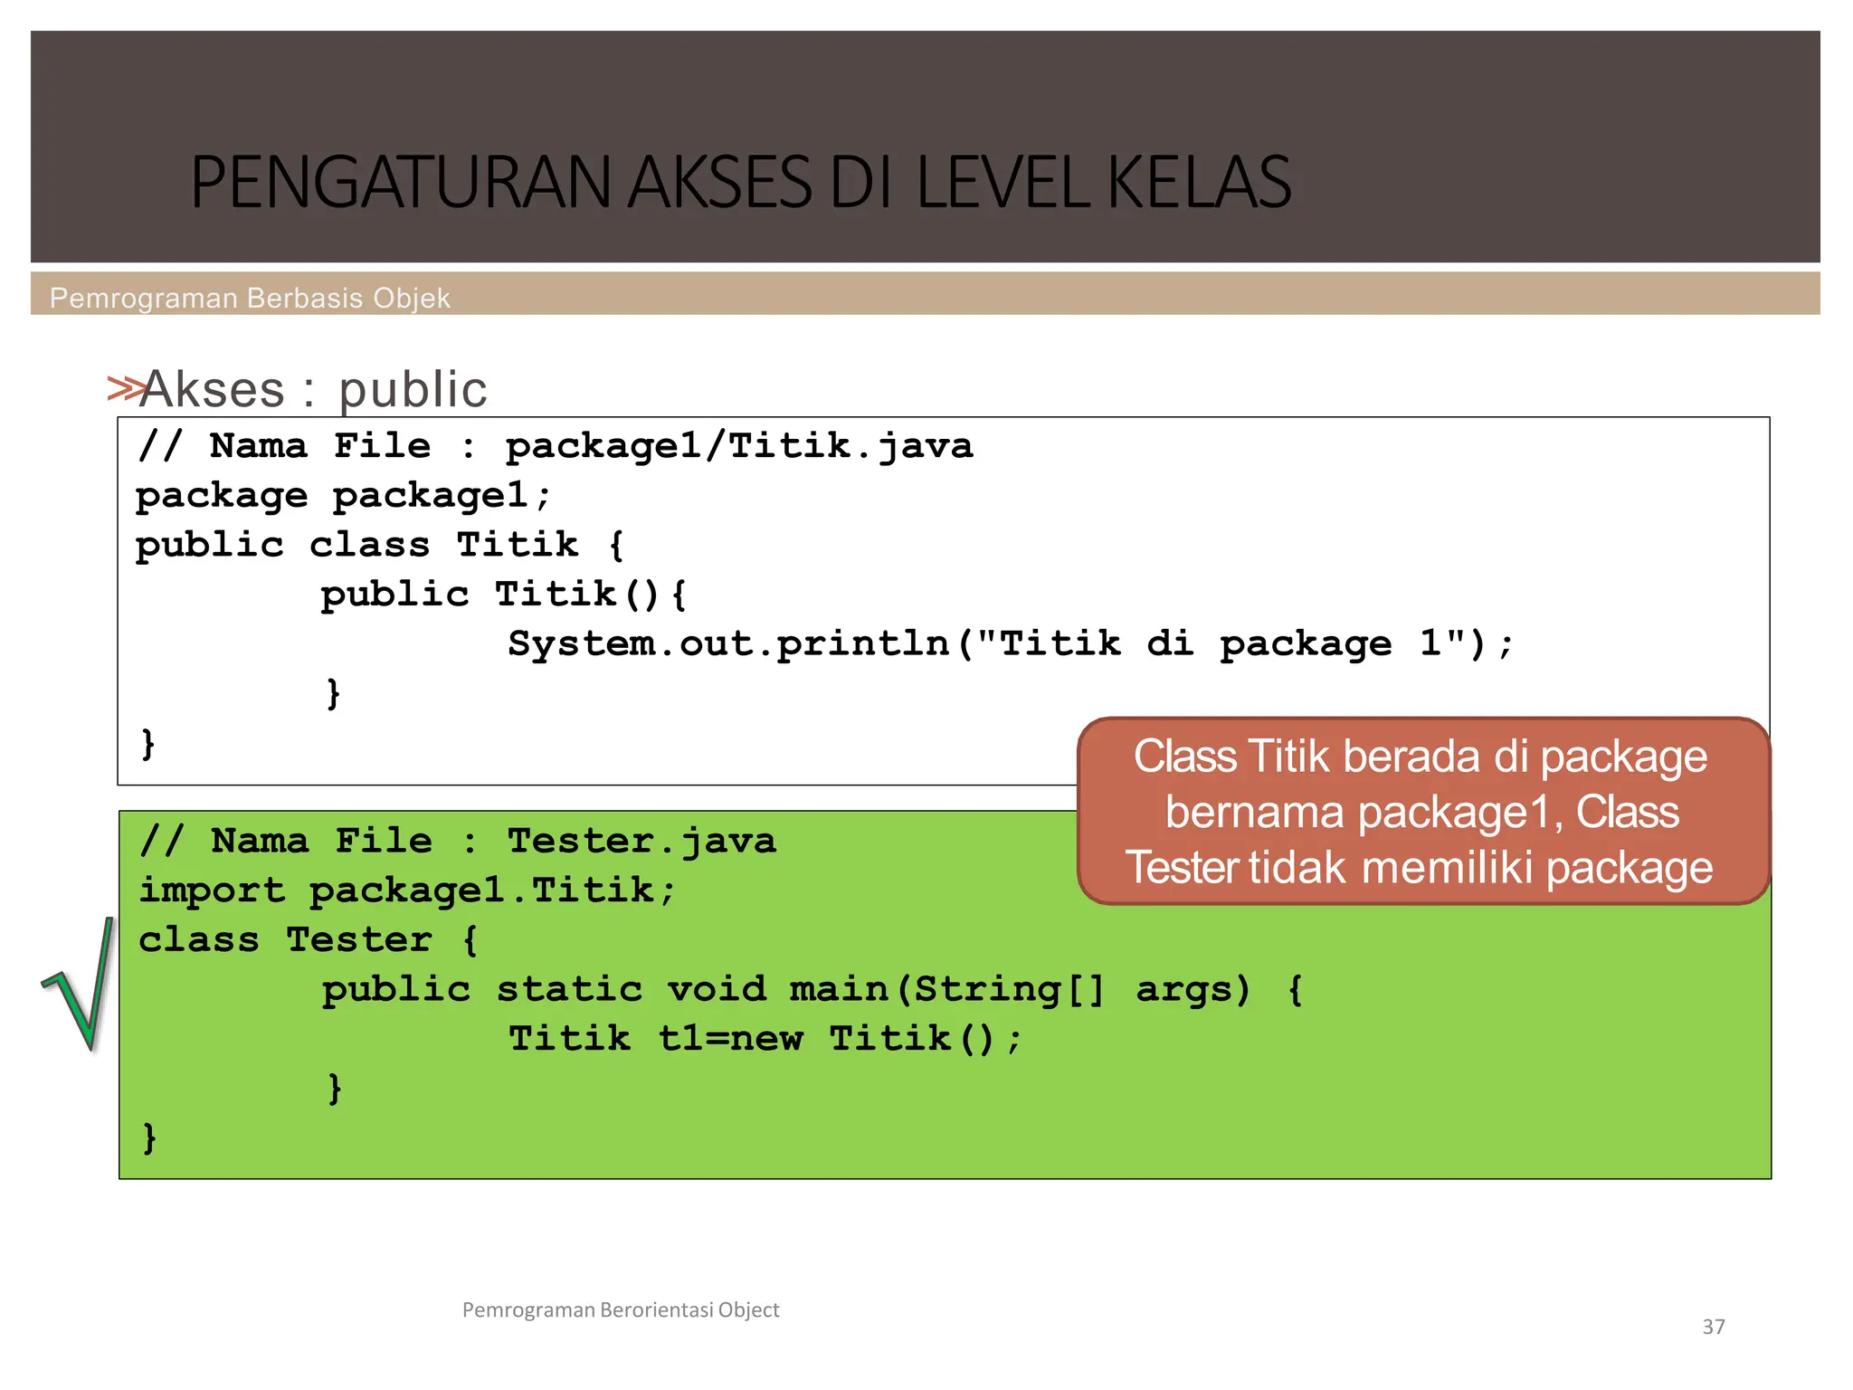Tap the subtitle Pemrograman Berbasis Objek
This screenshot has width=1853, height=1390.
[x=250, y=298]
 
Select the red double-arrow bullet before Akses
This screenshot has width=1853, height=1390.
[x=125, y=388]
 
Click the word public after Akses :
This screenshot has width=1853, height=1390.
[x=413, y=390]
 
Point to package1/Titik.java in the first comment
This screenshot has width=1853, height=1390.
[x=738, y=446]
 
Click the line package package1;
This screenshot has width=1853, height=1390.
[x=343, y=496]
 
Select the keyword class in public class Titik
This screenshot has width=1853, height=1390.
[x=369, y=545]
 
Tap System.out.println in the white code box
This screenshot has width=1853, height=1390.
[x=728, y=643]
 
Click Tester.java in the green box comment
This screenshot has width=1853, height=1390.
[x=641, y=842]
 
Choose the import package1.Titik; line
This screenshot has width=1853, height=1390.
[x=406, y=890]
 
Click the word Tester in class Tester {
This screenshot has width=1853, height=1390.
[x=359, y=940]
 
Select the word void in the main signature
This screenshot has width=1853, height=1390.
[x=716, y=989]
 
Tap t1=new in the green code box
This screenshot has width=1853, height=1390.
[x=730, y=1039]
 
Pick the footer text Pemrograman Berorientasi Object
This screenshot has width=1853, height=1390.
[x=621, y=1309]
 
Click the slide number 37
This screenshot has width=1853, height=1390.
[x=1713, y=1327]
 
